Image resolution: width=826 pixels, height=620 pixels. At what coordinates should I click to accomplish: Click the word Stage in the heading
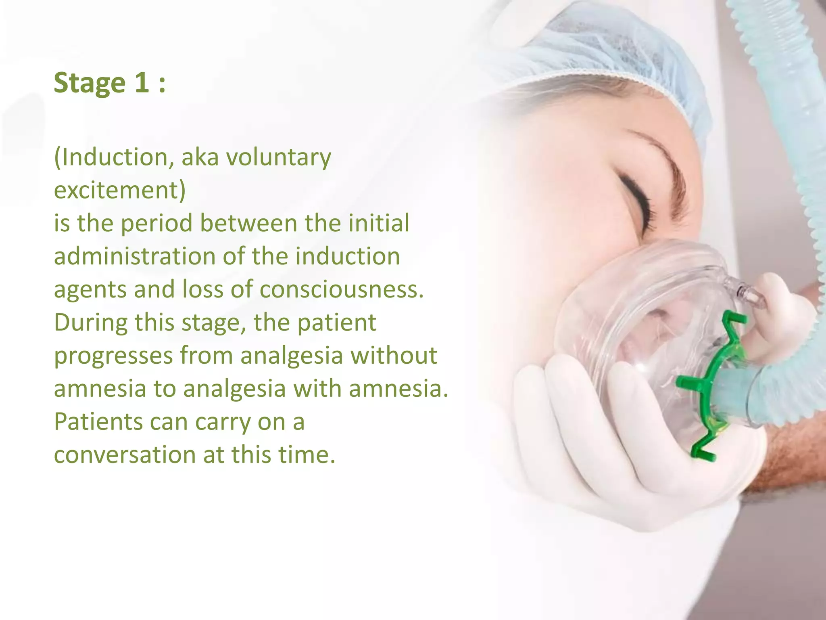90,83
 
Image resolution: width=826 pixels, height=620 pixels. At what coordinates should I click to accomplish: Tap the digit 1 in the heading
142,83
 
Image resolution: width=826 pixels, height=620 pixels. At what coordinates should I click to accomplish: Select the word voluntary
278,157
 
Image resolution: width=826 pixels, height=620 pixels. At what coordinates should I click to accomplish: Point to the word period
156,224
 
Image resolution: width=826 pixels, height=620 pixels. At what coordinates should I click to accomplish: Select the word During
90,323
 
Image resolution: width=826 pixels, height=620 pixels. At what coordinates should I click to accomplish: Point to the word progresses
113,356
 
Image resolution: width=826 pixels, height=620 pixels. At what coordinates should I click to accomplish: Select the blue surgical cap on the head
605,52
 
